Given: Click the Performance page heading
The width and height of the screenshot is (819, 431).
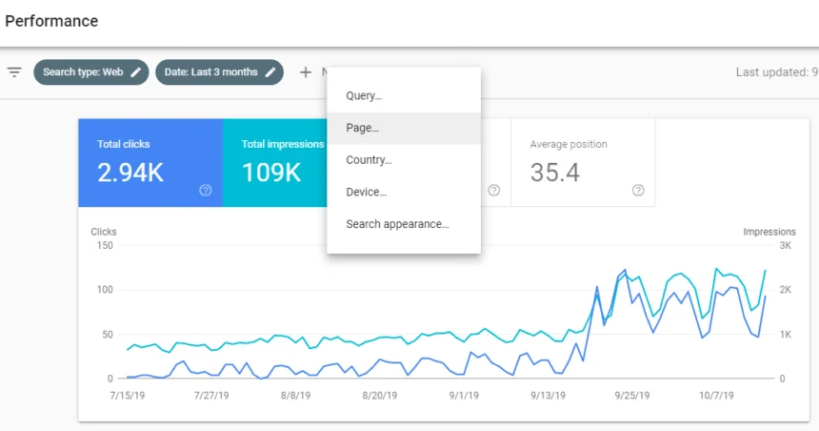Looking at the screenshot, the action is coord(51,21).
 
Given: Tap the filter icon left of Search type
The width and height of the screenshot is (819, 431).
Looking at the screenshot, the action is coord(14,72).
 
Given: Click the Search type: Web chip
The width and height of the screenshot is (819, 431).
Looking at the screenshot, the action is coord(91,72).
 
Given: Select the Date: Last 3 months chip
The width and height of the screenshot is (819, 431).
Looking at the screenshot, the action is coord(219,72).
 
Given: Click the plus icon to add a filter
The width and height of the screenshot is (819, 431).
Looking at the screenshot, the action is coord(306,72).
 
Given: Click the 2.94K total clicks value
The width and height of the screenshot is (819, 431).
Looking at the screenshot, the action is coord(130,173).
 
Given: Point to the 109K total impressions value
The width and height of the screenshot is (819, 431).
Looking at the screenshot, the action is coord(271,173).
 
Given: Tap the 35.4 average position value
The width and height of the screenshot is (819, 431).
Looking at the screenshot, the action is coord(554,173).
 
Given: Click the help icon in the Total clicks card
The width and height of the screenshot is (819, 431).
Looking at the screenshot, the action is coord(206,191).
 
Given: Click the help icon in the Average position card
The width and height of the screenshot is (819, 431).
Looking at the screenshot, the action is coord(638,191).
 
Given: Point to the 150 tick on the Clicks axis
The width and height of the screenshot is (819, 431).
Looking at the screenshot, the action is coord(105,245).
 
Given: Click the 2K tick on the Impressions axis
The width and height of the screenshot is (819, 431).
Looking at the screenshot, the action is coord(785,290).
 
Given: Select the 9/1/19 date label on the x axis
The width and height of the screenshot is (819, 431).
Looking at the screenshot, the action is coord(464,396).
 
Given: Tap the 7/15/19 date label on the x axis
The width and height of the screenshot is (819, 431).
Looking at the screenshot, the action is coord(128,396).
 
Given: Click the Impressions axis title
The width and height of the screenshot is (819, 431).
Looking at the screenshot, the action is coord(769,232).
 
